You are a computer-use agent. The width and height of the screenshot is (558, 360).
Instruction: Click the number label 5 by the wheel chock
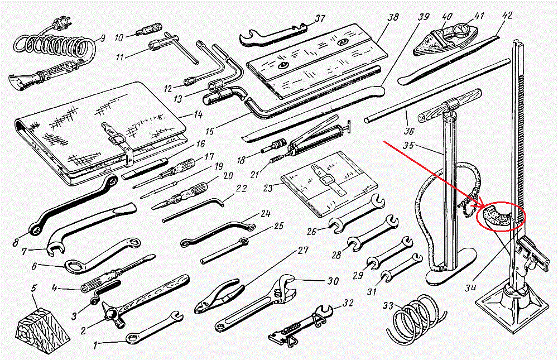point(34,289)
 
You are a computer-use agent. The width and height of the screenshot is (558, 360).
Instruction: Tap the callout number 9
point(101,39)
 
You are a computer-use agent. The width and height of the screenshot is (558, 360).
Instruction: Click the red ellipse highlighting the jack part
point(501,216)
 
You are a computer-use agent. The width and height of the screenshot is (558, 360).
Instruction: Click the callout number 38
point(393,18)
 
